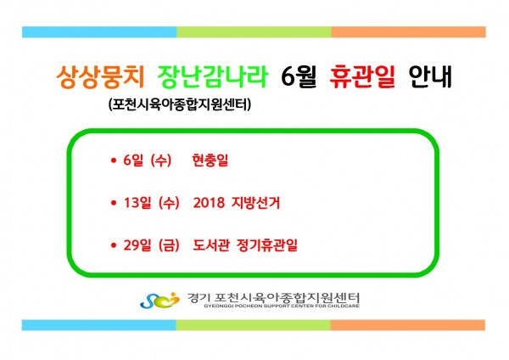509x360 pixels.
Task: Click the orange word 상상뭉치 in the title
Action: pos(100,76)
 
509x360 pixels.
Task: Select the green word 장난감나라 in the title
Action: pos(213,76)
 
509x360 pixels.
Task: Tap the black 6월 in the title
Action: pos(299,76)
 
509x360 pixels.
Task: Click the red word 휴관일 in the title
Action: pos(362,76)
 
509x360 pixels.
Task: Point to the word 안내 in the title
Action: pos(430,76)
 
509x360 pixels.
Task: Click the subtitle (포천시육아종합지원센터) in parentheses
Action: pos(180,104)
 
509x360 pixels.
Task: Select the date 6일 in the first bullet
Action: pos(133,160)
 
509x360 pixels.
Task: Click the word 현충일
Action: pos(210,160)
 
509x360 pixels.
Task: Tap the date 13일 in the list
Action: pos(137,203)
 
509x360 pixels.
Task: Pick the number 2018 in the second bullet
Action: pos(209,203)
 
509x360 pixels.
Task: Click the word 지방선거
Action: pos(255,203)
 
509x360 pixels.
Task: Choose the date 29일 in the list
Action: pos(137,245)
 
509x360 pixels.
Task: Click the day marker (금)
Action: pos(169,245)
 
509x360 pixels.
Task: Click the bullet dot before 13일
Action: pos(114,203)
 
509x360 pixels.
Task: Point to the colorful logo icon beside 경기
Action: pos(159,300)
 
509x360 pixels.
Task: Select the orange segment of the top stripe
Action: pos(408,32)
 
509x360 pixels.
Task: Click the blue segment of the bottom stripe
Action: pos(99,325)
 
